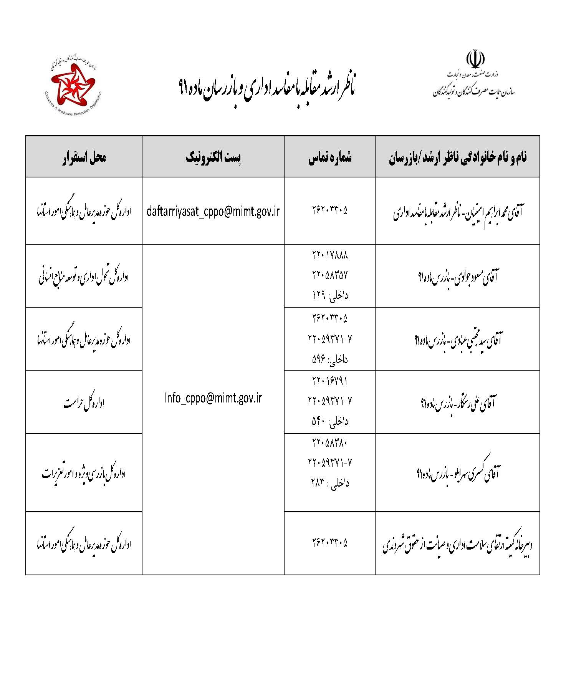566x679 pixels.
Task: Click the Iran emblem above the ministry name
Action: pos(475,59)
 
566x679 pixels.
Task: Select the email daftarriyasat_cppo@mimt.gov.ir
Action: pos(213,211)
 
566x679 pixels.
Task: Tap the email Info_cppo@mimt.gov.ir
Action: pos(213,398)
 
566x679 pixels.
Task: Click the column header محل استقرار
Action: pos(84,157)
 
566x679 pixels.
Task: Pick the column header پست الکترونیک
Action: pos(213,157)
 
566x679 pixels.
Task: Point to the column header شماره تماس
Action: pos(329,157)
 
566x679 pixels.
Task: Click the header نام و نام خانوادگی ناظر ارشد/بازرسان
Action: pos(457,157)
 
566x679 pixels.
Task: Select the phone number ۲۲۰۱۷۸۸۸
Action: pos(330,255)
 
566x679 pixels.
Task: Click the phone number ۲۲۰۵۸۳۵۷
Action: pos(330,275)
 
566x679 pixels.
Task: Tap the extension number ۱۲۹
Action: pos(319,295)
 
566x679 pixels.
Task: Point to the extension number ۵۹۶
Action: pos(319,359)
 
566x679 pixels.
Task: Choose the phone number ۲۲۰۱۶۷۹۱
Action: pos(330,381)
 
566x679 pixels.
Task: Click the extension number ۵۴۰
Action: pos(319,421)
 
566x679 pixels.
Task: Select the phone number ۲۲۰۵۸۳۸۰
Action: pos(330,443)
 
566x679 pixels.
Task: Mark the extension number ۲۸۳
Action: pos(318,483)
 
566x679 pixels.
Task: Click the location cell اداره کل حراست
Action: pos(84,402)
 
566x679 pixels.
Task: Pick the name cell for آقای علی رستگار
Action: pos(457,402)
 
